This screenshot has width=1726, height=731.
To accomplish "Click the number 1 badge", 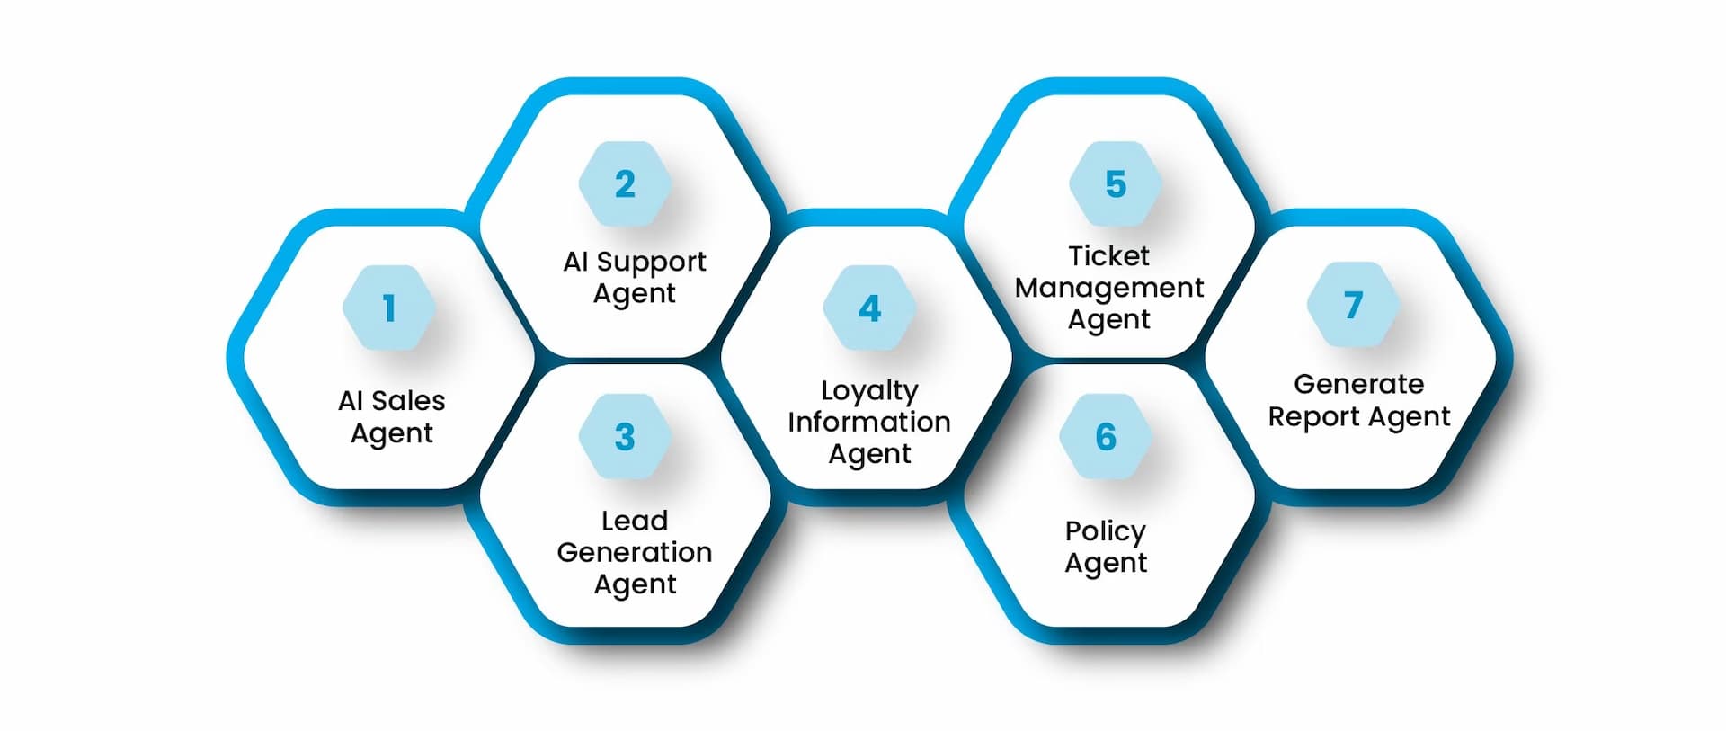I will tap(389, 308).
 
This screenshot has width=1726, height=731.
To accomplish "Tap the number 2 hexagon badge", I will tap(625, 184).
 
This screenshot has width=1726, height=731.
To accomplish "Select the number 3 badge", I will tap(625, 437).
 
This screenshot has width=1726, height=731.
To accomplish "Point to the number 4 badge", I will tap(869, 308).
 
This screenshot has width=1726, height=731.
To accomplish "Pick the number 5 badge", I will tap(1115, 184).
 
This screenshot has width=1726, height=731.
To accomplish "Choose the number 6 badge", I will tap(1106, 437).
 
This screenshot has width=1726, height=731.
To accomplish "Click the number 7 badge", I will tap(1353, 305).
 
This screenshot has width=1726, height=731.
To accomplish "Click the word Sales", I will tap(408, 400).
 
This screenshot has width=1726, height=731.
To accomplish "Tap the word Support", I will tap(651, 262).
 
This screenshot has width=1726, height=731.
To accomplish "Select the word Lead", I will tap(635, 521).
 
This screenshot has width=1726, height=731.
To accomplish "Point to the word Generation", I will tap(635, 552).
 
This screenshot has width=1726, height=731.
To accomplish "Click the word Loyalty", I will tap(869, 391).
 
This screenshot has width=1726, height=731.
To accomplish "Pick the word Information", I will tap(869, 422).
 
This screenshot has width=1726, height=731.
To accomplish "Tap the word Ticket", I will tap(1108, 256).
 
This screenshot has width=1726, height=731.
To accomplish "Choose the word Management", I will tap(1108, 288).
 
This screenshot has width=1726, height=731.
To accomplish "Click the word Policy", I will tap(1106, 531).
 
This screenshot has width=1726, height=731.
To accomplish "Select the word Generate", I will tap(1358, 384).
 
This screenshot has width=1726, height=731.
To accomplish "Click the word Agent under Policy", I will tap(1106, 564).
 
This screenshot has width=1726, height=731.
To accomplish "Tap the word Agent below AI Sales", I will tap(392, 433).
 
